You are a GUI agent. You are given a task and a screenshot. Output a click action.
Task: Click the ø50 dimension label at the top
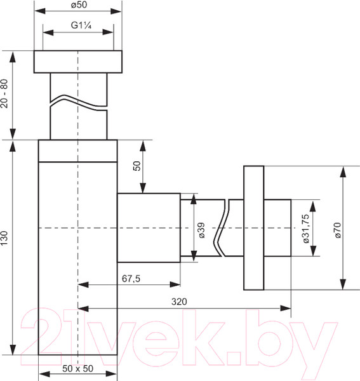pyautogui.click(x=79, y=5)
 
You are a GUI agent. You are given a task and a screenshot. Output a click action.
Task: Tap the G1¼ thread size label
pyautogui.click(x=81, y=25)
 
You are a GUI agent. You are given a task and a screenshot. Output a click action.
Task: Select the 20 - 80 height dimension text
pyautogui.click(x=4, y=93)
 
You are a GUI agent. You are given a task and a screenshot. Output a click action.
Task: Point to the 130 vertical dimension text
pyautogui.click(x=4, y=238)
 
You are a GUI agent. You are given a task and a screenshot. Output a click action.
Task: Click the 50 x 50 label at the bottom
pyautogui.click(x=77, y=368)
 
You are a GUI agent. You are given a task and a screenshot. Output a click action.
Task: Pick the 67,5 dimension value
pyautogui.click(x=131, y=279)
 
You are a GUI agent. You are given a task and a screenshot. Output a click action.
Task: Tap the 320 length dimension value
pyautogui.click(x=179, y=302)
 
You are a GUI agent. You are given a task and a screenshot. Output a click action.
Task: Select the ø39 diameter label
pyautogui.click(x=201, y=230)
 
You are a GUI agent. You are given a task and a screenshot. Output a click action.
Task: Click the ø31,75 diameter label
pyautogui.click(x=306, y=229)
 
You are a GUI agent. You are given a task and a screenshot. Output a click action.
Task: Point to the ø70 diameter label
pyautogui.click(x=338, y=230)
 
